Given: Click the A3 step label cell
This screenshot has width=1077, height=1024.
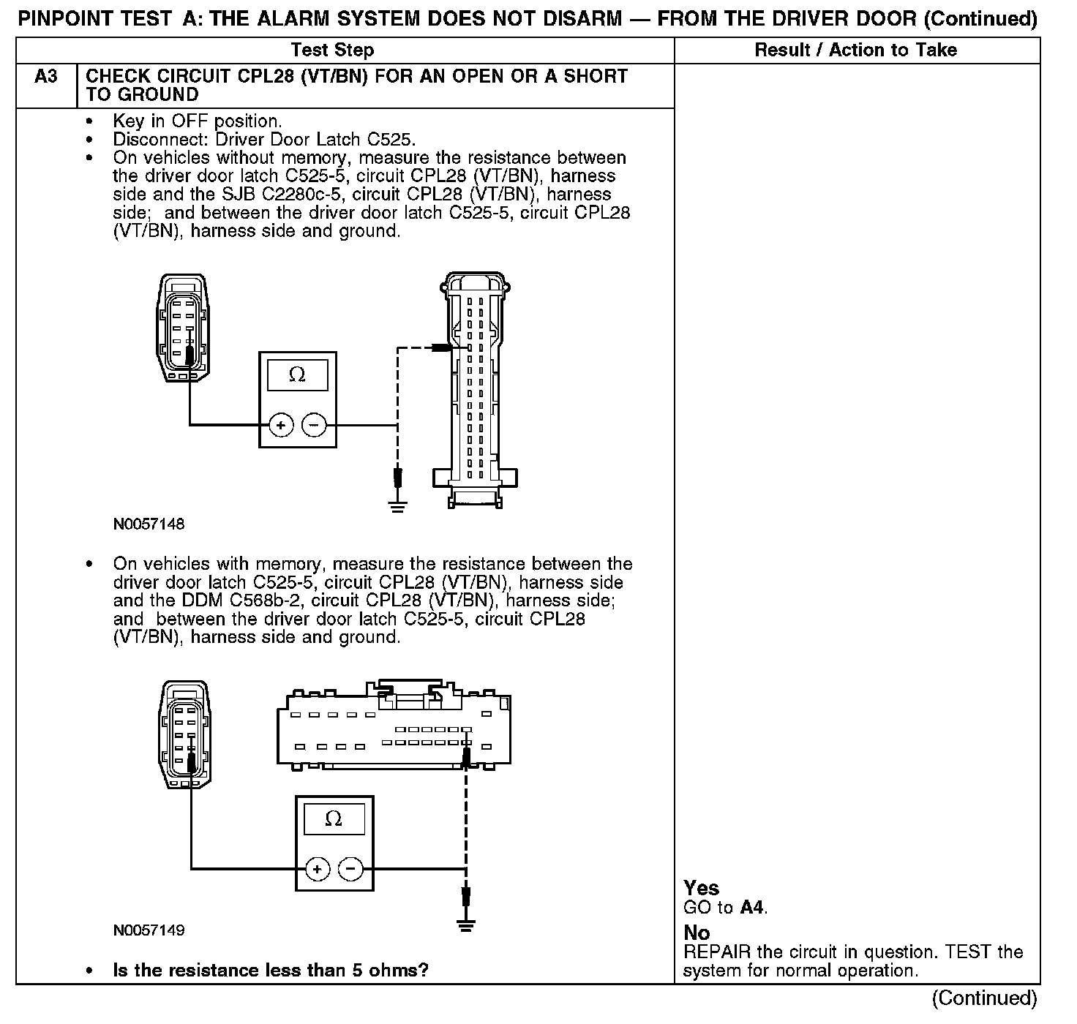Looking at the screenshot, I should (x=45, y=77).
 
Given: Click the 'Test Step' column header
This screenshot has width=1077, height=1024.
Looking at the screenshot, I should (x=332, y=50).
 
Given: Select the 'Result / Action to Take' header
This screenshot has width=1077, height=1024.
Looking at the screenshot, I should (x=855, y=50).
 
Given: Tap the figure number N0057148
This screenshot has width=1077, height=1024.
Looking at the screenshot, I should (x=149, y=524).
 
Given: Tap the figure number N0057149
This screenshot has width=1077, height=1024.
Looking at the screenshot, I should (x=149, y=930).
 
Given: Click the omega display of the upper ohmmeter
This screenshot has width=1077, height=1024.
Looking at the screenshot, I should (x=297, y=375).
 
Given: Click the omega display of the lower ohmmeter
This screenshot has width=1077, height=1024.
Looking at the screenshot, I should (x=334, y=818).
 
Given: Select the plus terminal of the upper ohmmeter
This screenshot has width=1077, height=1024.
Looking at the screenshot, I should (x=282, y=424).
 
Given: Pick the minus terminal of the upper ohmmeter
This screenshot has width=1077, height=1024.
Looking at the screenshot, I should (x=315, y=424).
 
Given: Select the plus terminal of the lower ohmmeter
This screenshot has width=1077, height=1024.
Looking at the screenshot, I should (x=318, y=869).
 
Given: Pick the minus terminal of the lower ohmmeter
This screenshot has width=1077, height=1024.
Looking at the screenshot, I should (x=351, y=869).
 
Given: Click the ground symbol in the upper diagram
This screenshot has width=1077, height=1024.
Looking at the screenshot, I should (x=397, y=505).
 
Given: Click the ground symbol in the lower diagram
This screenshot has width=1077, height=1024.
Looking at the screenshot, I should (x=465, y=925).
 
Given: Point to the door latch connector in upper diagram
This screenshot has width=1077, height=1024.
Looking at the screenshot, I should (x=183, y=327).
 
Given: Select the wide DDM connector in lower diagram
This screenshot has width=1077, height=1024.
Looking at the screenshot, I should (x=394, y=729).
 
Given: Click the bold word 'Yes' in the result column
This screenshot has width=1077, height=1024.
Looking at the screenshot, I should (x=701, y=888).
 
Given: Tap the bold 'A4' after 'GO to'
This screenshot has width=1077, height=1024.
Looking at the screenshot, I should (x=752, y=908).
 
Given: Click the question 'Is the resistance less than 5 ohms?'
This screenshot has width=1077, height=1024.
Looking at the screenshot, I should (x=271, y=971).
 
